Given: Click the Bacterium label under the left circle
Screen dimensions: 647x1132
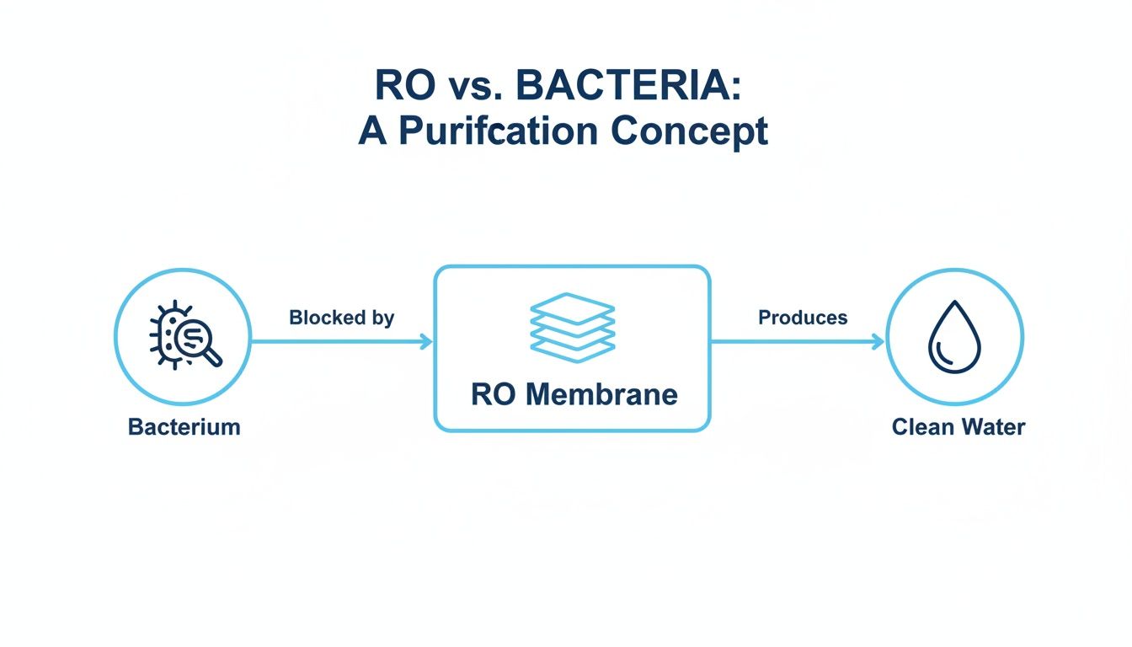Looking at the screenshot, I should click(x=184, y=426).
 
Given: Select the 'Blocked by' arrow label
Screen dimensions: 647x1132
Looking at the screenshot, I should click(x=341, y=318).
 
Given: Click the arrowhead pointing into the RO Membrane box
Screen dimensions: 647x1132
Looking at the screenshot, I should click(x=427, y=341).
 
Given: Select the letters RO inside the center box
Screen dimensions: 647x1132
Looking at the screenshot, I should click(x=491, y=394).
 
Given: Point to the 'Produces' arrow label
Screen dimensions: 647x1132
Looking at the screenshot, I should click(x=803, y=318).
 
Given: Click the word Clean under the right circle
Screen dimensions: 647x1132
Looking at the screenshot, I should click(x=920, y=426).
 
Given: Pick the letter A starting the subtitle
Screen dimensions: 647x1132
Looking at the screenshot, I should click(x=371, y=131).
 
